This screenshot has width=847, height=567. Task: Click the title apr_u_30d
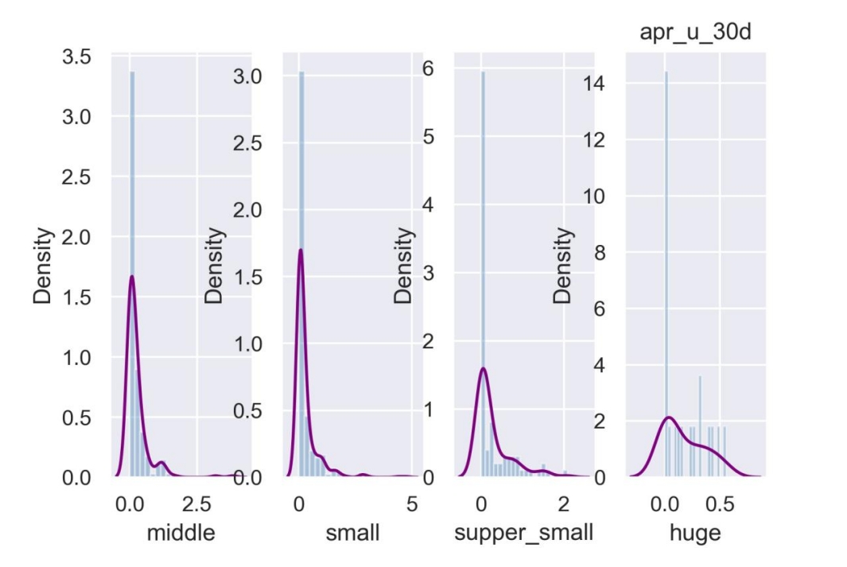tap(695, 33)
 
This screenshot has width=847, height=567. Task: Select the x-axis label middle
tap(181, 532)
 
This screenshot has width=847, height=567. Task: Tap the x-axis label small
tap(352, 532)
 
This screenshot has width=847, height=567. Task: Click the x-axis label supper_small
tap(523, 532)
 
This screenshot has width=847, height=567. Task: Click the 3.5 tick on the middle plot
tap(79, 57)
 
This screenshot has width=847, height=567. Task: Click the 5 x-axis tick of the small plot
tap(412, 504)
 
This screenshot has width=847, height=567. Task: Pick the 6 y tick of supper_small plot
tap(428, 69)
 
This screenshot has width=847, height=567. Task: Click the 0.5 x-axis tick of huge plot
tap(721, 504)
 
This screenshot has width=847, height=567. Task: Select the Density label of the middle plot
tap(44, 266)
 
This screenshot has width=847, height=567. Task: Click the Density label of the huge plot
tap(563, 266)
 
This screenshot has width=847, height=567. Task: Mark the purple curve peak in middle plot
tap(132, 277)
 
